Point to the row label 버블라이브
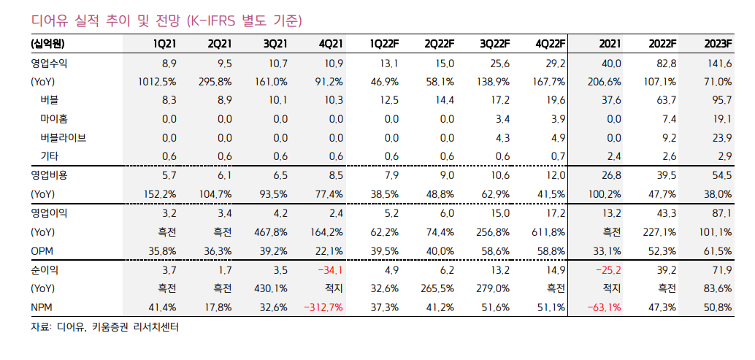64,137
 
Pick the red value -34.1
329,269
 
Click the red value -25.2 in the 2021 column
607,269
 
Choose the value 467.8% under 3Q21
272,232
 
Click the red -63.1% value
604,307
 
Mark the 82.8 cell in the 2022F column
663,64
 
